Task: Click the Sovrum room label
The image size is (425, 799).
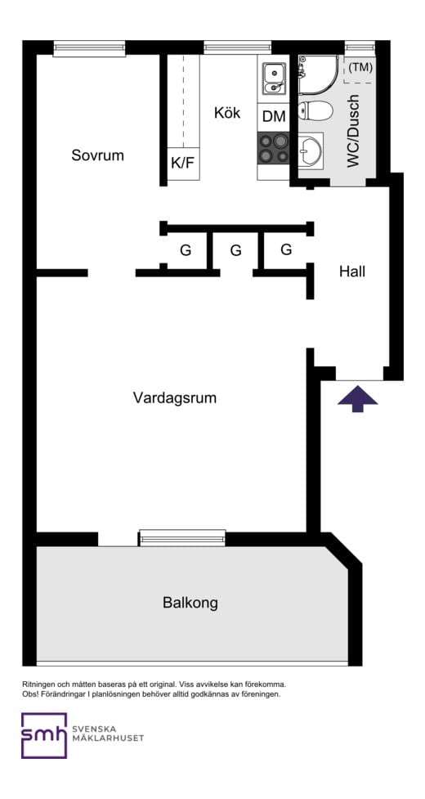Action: click(x=97, y=155)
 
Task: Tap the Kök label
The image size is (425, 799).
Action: click(x=227, y=113)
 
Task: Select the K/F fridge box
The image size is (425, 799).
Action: click(x=182, y=163)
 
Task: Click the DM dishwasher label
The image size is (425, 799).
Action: click(x=274, y=117)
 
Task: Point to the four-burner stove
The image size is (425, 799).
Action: click(x=274, y=148)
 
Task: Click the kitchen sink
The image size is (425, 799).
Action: click(x=273, y=79)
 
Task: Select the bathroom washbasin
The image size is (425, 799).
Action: click(x=311, y=149)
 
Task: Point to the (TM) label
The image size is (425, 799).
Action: click(x=360, y=68)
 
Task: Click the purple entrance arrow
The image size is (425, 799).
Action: click(x=358, y=399)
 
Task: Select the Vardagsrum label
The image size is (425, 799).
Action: click(x=174, y=397)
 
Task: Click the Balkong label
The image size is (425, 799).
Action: click(x=190, y=603)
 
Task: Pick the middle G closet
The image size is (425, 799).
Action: click(x=235, y=250)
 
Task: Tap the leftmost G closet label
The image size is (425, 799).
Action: click(x=186, y=250)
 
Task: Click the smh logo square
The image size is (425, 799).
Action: click(x=43, y=735)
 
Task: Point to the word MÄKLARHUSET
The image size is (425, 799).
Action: click(x=108, y=738)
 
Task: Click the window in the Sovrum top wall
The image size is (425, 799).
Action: click(x=89, y=48)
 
